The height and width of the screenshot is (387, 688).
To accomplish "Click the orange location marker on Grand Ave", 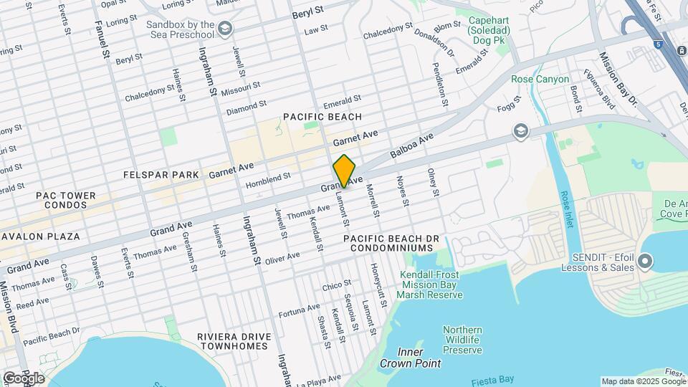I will click(344, 171).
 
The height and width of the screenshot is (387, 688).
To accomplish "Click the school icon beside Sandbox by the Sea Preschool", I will click(226, 28).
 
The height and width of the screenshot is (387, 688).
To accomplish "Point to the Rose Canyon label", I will click(540, 79).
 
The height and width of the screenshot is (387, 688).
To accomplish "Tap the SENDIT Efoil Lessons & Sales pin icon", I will click(644, 262).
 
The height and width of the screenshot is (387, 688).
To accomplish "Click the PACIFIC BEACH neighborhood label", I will click(322, 117).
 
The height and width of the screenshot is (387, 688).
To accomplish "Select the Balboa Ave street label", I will click(412, 145).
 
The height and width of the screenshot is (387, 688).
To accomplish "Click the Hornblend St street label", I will click(268, 177).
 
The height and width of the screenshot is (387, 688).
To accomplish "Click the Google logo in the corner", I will click(23, 378).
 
